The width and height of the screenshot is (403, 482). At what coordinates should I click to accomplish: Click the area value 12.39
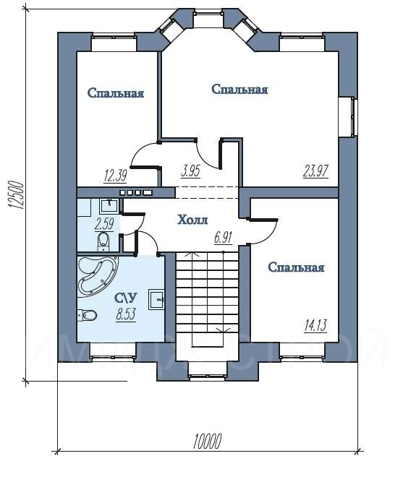(x=116, y=176)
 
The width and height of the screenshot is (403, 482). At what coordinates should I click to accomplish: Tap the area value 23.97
(x=316, y=171)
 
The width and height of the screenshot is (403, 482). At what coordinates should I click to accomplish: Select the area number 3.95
(x=190, y=171)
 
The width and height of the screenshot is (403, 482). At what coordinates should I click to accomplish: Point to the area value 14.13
(x=315, y=325)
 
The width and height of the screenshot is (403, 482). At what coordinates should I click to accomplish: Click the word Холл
(x=192, y=220)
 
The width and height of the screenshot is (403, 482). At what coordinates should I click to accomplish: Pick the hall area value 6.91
(x=223, y=237)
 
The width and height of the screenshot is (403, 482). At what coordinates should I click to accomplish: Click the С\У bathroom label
(x=126, y=298)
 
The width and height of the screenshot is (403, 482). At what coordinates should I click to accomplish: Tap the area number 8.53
(x=126, y=314)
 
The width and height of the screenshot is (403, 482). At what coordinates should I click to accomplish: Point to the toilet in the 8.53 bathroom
(x=87, y=315)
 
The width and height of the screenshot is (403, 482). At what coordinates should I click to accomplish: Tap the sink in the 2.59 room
(x=109, y=206)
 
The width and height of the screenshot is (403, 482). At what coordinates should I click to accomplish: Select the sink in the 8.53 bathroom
(x=156, y=298)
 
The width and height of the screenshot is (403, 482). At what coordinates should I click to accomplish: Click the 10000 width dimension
(x=207, y=442)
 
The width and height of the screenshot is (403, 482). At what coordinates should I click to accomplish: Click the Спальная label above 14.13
(x=296, y=267)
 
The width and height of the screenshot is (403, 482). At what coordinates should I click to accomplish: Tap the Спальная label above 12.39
(x=116, y=92)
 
